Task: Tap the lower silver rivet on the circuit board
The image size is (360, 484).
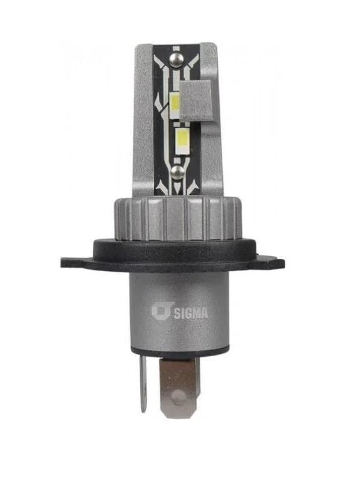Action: coord(178,172)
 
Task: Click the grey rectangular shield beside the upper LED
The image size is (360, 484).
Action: coord(196,101)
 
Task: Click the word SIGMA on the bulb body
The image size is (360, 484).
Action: coord(190,313)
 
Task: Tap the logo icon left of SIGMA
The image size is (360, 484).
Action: coord(161,311)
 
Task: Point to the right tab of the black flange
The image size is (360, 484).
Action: coord(271,263)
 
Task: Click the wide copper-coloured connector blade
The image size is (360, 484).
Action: coord(178,387)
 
